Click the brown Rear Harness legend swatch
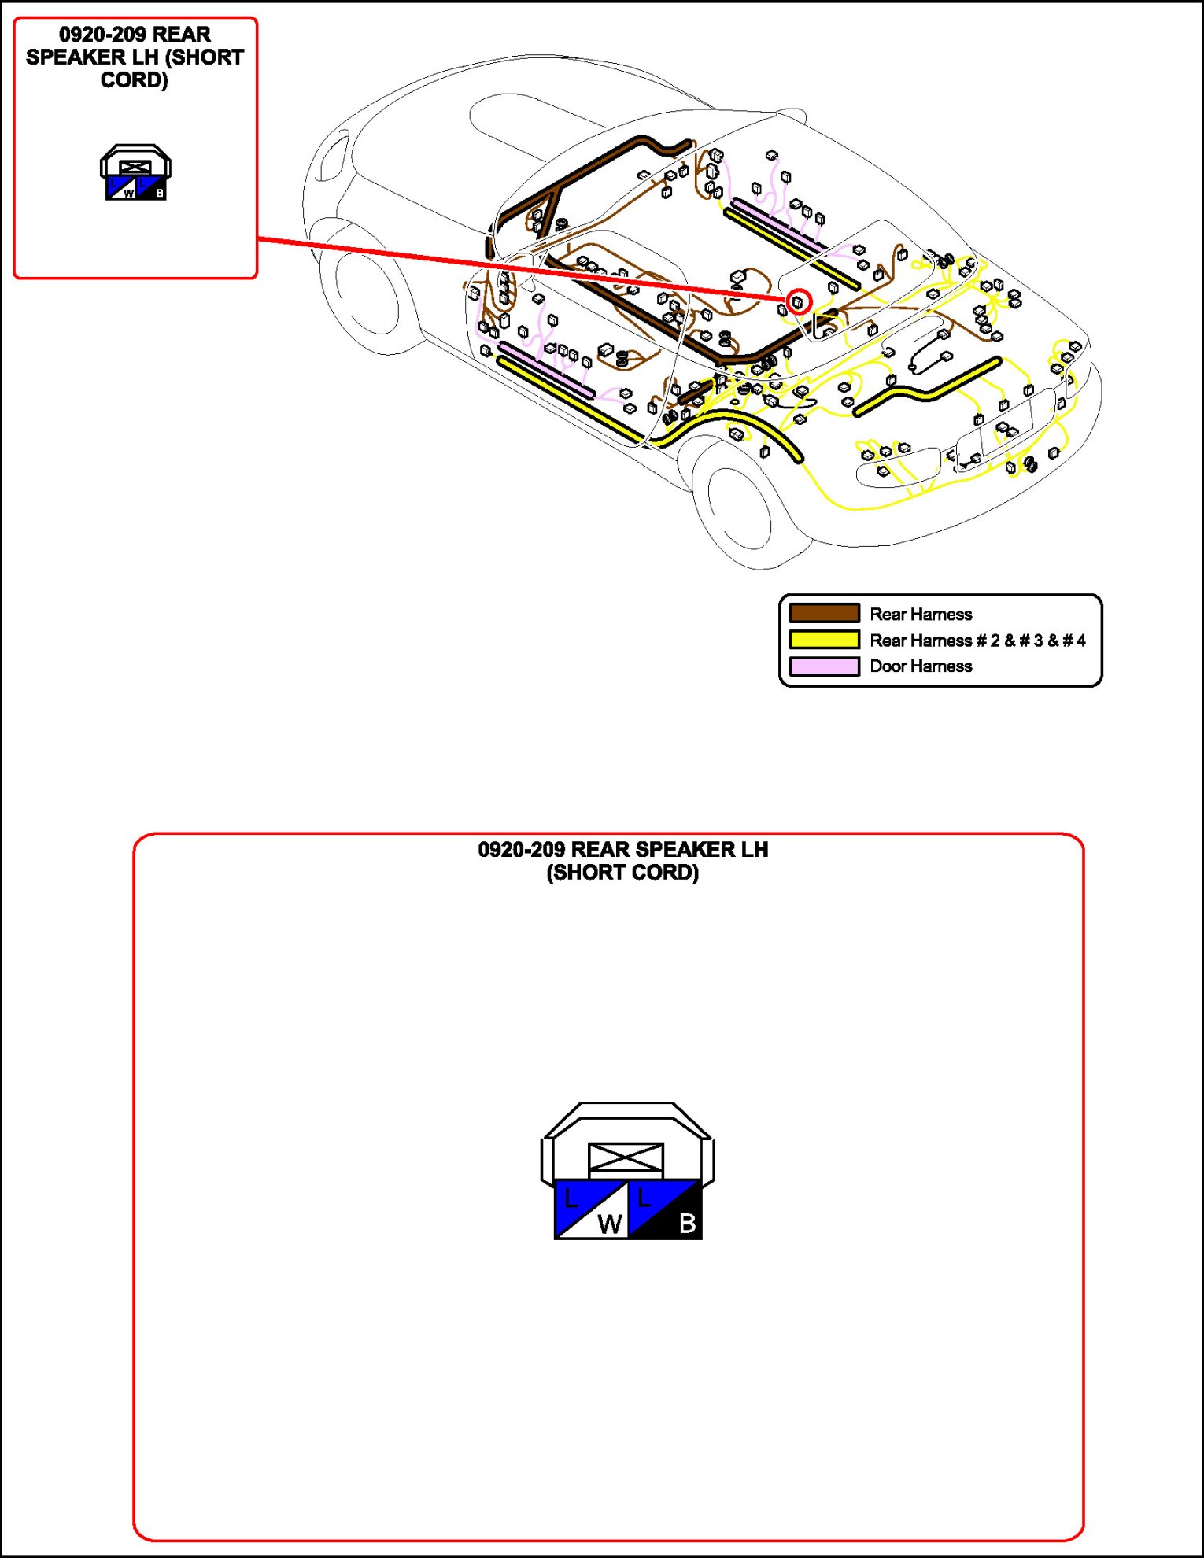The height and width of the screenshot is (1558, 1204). [x=824, y=613]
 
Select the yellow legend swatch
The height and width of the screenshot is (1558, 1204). [x=824, y=640]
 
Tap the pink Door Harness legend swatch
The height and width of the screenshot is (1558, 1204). [x=824, y=666]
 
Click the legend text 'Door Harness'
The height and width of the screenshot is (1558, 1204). [x=921, y=666]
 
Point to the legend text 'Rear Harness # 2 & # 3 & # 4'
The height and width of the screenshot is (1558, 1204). [x=977, y=640]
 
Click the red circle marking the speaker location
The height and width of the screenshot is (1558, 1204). [x=799, y=301]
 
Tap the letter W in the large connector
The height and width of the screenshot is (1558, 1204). [x=609, y=1224]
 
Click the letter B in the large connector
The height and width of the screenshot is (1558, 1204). [x=687, y=1223]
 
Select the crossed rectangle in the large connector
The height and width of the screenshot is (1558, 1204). [x=626, y=1158]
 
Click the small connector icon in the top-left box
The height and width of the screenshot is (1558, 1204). [x=135, y=172]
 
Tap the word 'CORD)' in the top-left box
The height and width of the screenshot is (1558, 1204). [x=135, y=80]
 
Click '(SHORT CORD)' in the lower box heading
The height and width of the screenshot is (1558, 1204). [x=622, y=873]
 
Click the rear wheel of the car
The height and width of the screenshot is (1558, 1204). [x=740, y=508]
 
